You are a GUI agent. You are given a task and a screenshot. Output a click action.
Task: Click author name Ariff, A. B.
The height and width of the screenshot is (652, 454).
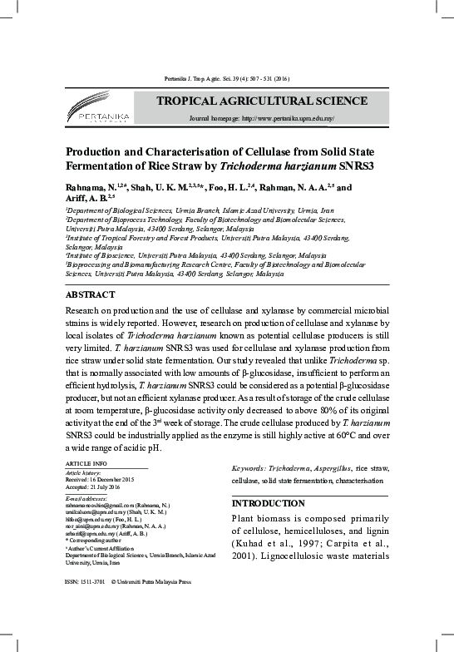tap(85, 199)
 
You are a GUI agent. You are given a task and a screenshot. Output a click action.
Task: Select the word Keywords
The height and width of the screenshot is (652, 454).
tap(251, 470)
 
